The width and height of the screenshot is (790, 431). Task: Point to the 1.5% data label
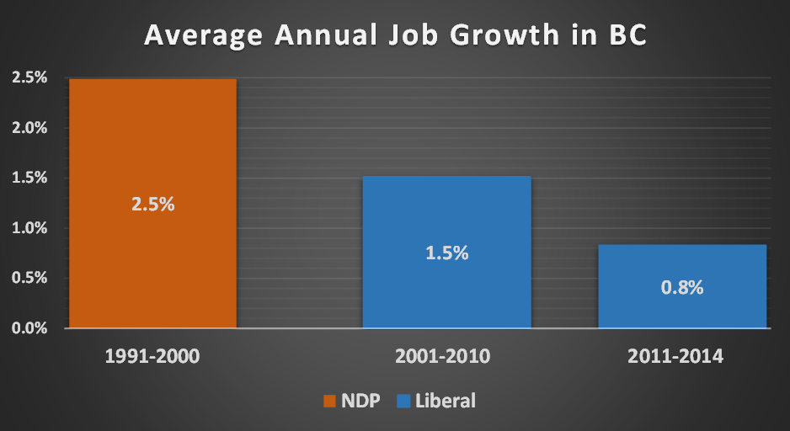[446, 253]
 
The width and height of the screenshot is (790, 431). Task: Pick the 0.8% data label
[682, 286]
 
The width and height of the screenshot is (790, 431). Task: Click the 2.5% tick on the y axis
[29, 78]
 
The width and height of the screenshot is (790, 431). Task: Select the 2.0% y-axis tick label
[29, 128]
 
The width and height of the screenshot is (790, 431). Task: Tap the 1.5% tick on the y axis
[29, 178]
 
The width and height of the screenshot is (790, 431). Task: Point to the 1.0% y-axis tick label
[29, 227]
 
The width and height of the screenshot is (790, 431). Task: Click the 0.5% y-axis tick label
[29, 278]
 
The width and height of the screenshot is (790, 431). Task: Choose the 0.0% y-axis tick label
[29, 327]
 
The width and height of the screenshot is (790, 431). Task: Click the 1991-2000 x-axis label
[152, 357]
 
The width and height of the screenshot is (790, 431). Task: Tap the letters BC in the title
[625, 36]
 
